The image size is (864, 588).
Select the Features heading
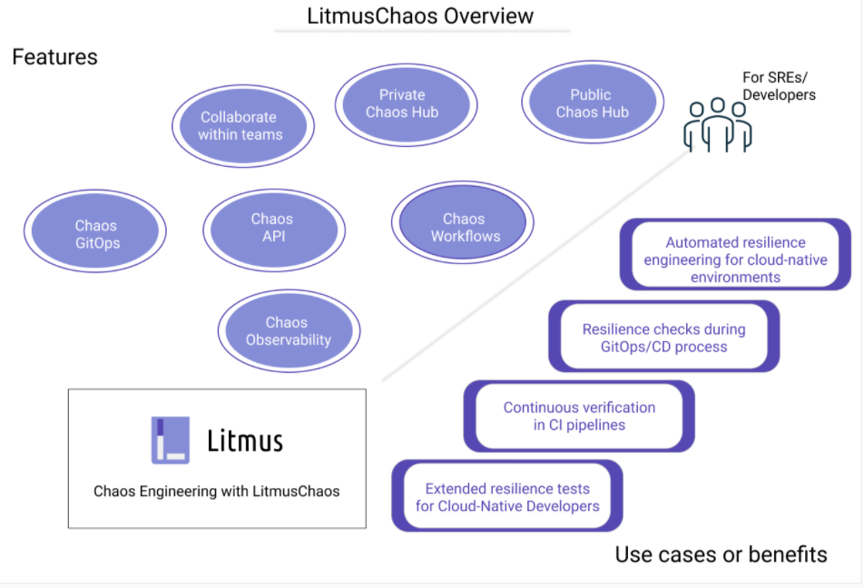[54, 57]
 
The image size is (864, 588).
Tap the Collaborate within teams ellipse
[241, 126]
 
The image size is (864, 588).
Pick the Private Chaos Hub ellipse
[402, 103]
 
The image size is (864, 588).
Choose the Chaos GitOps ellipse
[95, 234]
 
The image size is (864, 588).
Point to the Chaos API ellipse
[272, 228]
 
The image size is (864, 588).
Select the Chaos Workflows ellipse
[463, 228]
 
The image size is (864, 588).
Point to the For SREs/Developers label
[779, 87]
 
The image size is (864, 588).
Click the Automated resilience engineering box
[735, 260]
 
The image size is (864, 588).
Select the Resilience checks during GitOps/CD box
[663, 338]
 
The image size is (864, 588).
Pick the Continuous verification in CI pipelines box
[579, 416]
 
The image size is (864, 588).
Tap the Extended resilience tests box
[507, 496]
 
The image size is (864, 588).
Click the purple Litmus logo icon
[170, 440]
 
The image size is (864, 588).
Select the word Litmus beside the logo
[245, 442]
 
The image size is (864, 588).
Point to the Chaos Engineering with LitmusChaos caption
[217, 491]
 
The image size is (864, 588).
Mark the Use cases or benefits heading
[721, 554]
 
